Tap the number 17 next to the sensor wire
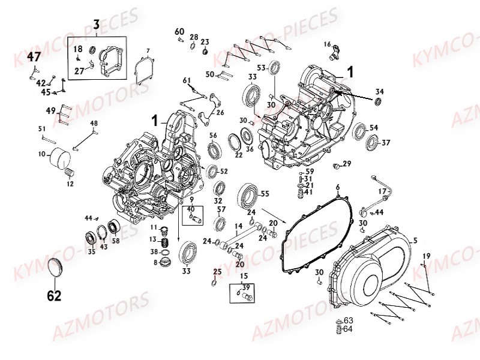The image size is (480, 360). [x=382, y=192]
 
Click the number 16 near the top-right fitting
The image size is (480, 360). [x=327, y=44]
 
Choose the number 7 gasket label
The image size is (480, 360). [x=148, y=50]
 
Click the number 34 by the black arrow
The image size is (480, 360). [x=379, y=91]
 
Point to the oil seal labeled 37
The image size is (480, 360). [x=372, y=143]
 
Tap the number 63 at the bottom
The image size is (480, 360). [x=349, y=320]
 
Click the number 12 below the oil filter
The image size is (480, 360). [x=70, y=184]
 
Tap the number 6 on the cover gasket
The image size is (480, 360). [x=337, y=187]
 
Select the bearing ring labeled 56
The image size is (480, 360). [x=213, y=151]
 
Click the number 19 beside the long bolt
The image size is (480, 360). [x=426, y=256]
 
